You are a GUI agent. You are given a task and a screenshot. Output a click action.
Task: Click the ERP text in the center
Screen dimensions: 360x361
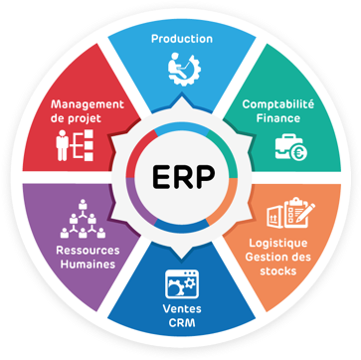(x=180, y=181)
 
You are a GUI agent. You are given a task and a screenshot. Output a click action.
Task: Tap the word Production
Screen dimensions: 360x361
(x=182, y=39)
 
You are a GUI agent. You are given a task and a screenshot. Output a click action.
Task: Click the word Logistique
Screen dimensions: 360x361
(x=277, y=243)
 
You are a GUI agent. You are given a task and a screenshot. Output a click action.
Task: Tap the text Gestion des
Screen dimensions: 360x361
(x=277, y=257)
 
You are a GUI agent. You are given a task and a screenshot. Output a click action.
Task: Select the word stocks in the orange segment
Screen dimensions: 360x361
(x=277, y=270)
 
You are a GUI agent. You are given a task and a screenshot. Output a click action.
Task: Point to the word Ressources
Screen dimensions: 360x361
(x=82, y=252)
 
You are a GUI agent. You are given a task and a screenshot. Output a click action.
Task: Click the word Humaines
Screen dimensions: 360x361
(x=82, y=266)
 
